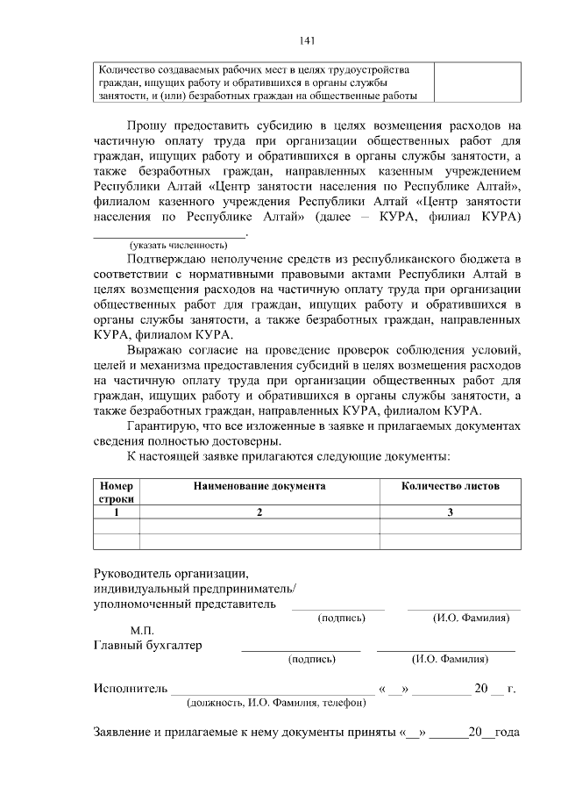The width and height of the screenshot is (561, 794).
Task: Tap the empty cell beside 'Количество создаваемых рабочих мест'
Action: (x=477, y=82)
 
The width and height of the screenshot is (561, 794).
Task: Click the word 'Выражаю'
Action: (x=156, y=350)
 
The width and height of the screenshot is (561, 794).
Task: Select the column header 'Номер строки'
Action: (x=116, y=491)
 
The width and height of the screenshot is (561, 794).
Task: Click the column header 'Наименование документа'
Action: (x=259, y=485)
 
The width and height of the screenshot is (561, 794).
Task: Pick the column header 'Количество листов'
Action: (x=451, y=485)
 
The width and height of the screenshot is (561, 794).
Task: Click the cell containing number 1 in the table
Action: (x=116, y=511)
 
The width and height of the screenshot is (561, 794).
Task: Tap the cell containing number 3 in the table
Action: (x=451, y=511)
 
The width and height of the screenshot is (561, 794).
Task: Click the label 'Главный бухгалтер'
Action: (x=147, y=646)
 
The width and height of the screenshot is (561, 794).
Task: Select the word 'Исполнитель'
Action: (x=130, y=688)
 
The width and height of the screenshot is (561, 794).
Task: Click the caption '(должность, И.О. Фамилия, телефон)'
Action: (x=276, y=703)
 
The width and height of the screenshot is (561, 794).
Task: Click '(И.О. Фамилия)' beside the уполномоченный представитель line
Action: (x=472, y=618)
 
